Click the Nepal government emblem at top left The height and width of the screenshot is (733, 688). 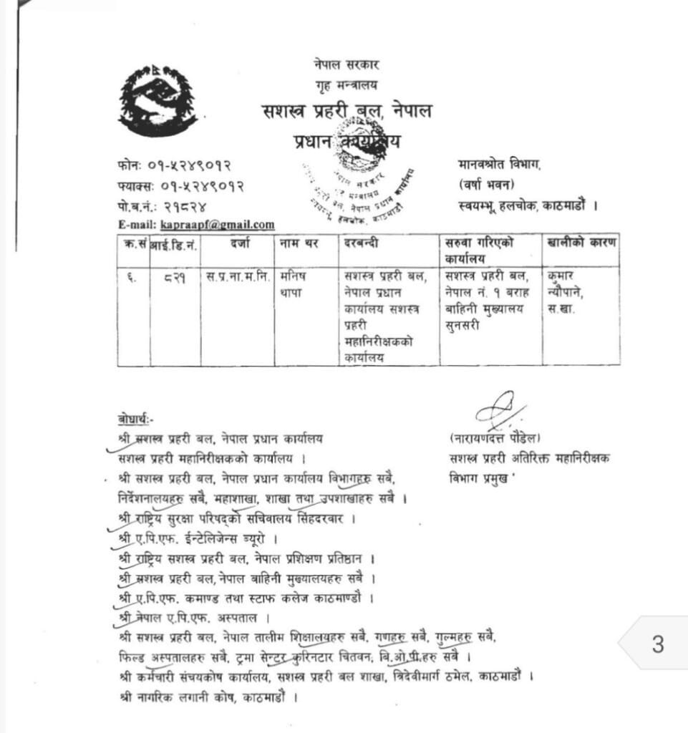(157, 99)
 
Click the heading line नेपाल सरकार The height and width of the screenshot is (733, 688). (346, 64)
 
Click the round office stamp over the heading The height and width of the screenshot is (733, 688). (357, 184)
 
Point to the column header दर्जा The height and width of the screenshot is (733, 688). (239, 243)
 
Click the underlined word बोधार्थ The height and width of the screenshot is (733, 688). (135, 419)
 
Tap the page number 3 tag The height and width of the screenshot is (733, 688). (657, 645)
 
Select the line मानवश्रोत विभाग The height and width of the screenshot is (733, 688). (499, 165)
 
